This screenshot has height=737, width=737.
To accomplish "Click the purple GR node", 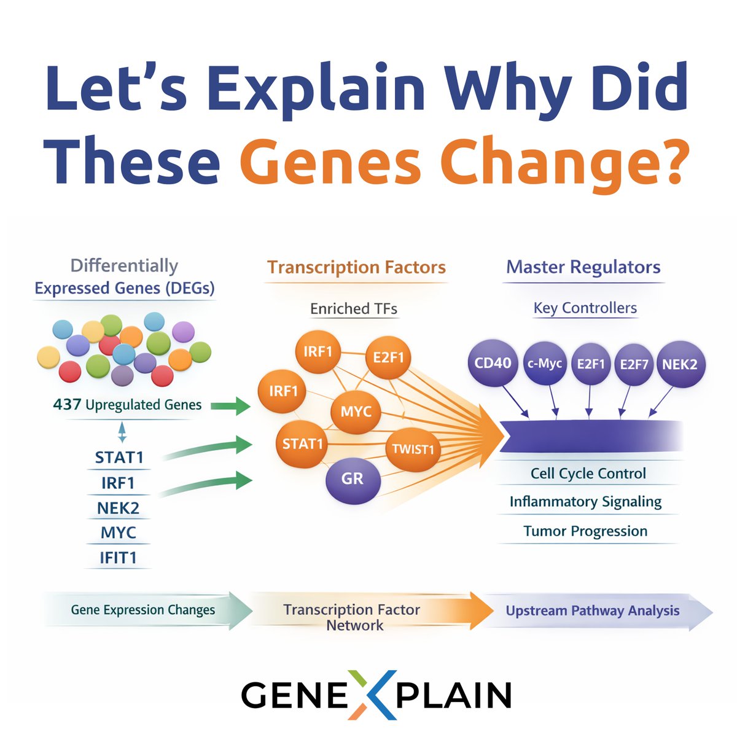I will pos(353,480).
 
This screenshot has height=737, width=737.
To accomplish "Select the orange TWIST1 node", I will pos(413,449).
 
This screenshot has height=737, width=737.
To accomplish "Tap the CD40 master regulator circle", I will pos(493,363).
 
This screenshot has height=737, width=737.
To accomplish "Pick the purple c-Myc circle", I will pos(545,364).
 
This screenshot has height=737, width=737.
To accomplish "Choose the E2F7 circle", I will pos(634,364).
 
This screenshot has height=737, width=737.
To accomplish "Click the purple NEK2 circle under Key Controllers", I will pos(679,364).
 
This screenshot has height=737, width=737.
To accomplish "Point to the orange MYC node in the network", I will pos(356,411).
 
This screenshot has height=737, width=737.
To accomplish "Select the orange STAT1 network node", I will pos(303,443).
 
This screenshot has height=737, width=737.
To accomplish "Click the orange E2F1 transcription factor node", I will pos(388,357).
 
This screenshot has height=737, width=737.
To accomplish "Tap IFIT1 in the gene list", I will pos(118,558).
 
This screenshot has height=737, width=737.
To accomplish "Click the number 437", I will pos(67,405).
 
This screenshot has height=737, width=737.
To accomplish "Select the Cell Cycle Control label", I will pos(588,474).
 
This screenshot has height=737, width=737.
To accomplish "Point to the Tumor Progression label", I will pos(585,531).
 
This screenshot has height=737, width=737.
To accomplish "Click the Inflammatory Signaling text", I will pos(585,502).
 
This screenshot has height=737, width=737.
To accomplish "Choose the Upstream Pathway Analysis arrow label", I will pos(592,610).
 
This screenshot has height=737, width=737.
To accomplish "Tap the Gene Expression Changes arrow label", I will pos(142,610).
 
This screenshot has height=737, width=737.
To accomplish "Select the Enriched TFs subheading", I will pos(353,308).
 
